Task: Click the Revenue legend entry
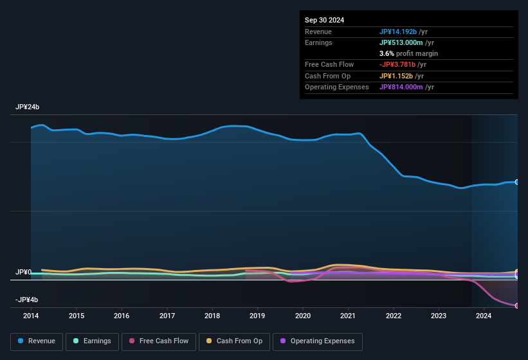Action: (37, 341)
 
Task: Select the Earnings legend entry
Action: (92, 341)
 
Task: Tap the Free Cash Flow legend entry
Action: (159, 341)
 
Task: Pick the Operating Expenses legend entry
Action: (317, 341)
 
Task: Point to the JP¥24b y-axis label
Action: (28, 107)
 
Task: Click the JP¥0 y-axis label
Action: (23, 273)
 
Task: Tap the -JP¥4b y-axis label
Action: (26, 300)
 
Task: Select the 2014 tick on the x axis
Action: (31, 316)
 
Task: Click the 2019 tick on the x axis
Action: (257, 316)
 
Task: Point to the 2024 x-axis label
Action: (484, 316)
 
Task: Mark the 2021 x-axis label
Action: (348, 316)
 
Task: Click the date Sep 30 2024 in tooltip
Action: (324, 20)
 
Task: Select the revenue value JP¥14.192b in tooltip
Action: (398, 32)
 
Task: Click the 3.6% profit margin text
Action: (408, 53)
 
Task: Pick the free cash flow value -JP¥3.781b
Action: (399, 64)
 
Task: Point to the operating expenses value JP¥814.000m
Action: (401, 87)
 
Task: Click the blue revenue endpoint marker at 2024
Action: (517, 182)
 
